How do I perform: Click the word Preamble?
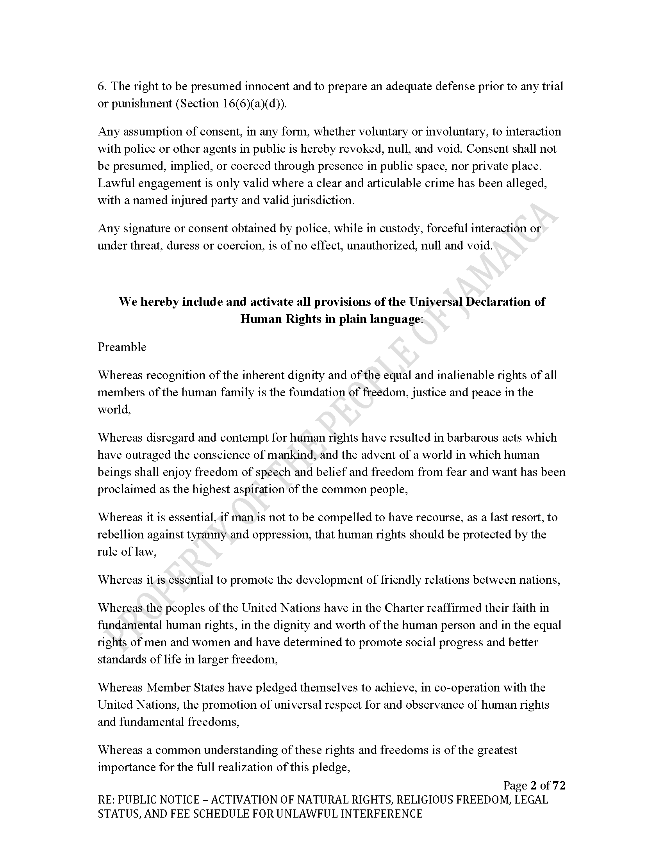pos(122,347)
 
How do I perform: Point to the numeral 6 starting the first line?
pos(101,86)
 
